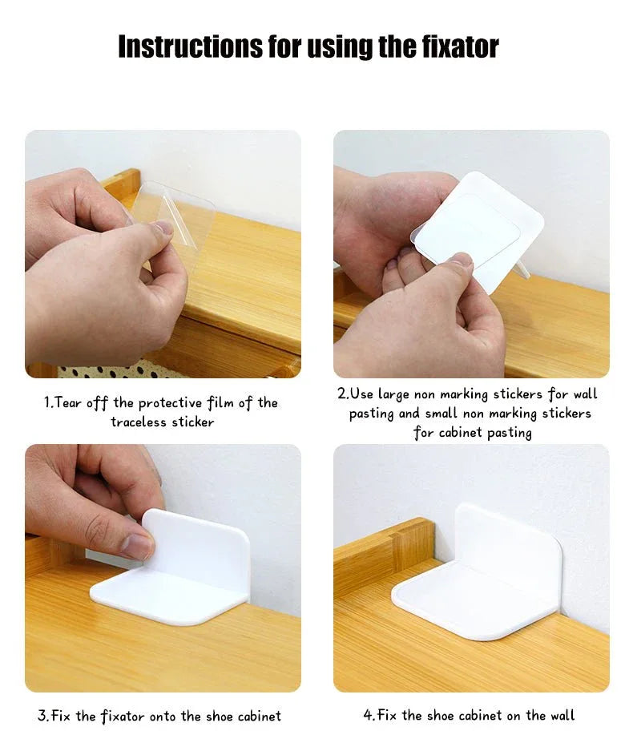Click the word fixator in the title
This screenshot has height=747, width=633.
point(461,46)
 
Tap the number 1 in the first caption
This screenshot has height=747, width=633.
point(47,402)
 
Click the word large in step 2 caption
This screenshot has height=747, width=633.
point(393,395)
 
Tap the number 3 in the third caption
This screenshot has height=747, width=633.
point(42,716)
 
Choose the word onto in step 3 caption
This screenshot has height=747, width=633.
point(163,717)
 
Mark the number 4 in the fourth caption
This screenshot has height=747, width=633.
point(368,715)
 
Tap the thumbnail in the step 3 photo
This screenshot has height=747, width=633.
point(137,546)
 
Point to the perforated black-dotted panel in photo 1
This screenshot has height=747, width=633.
point(119,372)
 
